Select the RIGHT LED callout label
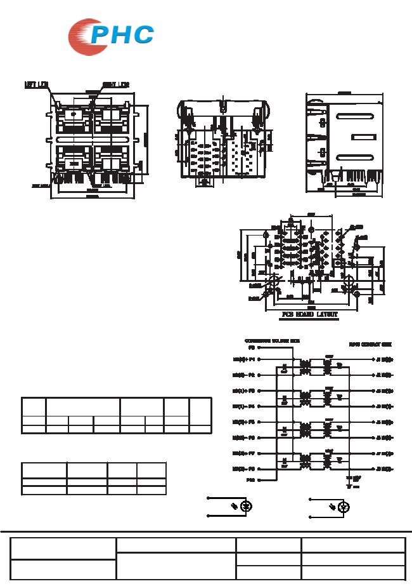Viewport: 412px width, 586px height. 116,84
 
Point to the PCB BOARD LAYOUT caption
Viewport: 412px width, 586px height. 310,314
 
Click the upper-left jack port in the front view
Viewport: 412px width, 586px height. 73,117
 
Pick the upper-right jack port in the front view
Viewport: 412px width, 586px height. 111,117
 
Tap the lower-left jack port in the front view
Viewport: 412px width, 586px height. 73,159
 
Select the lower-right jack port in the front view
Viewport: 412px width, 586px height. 111,159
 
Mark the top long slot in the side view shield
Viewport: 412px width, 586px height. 355,116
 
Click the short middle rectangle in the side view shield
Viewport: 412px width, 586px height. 364,137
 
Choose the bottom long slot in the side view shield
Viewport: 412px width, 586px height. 355,157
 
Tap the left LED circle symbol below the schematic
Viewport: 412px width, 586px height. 248,507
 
